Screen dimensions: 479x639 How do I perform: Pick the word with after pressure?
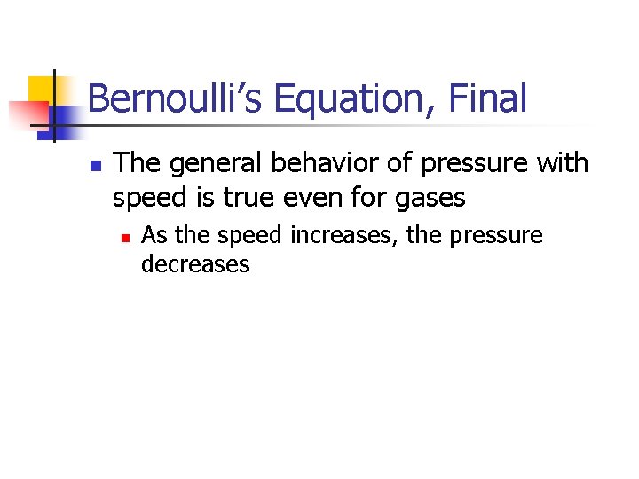coord(563,163)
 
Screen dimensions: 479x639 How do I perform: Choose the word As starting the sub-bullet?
coord(154,236)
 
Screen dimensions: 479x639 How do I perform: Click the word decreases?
coord(195,264)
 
